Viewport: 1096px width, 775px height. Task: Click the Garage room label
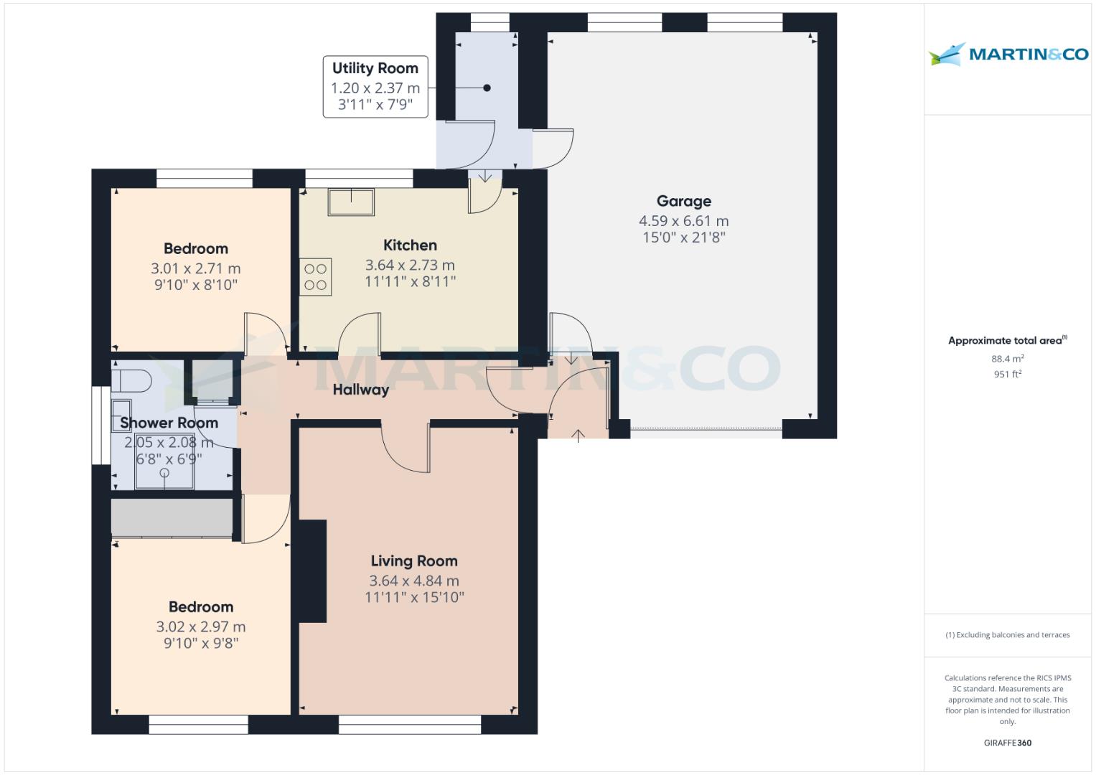click(x=683, y=202)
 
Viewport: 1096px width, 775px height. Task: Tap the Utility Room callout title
click(x=375, y=68)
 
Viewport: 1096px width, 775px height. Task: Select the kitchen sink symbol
click(x=350, y=202)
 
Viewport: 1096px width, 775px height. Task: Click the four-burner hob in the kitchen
click(x=316, y=276)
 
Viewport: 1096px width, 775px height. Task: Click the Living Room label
click(x=413, y=561)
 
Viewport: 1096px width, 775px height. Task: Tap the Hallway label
click(x=360, y=390)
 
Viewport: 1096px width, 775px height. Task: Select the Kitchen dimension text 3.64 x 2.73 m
click(x=410, y=265)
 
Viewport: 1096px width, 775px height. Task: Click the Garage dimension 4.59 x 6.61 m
click(x=683, y=221)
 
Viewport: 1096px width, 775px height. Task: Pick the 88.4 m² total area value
click(x=1007, y=359)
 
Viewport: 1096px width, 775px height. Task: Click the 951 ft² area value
click(x=1007, y=374)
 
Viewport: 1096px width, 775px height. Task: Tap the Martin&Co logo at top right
click(x=1008, y=54)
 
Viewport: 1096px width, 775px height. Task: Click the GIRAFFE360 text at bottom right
click(x=1007, y=743)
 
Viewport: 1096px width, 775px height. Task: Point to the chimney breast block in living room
click(x=312, y=571)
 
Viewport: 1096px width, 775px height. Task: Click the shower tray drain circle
click(x=164, y=473)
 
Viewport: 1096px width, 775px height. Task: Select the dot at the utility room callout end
click(x=487, y=88)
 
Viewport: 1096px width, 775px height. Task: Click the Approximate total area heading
click(x=1007, y=341)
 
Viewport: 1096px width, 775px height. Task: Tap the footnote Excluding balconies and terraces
click(x=1007, y=635)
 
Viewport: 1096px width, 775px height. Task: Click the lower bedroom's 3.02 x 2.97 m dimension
click(x=201, y=626)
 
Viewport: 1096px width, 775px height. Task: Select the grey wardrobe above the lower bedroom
click(x=172, y=517)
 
